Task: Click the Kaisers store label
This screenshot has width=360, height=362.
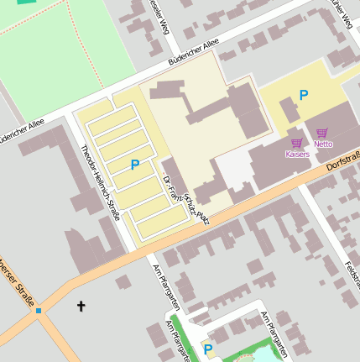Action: point(297,155)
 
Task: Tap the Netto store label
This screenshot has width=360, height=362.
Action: point(323,144)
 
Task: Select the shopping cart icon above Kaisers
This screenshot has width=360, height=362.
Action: point(296,144)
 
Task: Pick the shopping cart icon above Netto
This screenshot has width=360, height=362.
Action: point(322,133)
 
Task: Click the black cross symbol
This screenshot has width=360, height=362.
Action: point(81,307)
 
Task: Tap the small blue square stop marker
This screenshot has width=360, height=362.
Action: point(38,311)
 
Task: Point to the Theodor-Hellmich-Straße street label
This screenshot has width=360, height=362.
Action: point(101,181)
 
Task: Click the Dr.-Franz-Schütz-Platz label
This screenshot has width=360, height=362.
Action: point(185,201)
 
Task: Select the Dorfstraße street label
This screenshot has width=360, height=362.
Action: point(342,159)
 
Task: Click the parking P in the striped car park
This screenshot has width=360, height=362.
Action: point(134,165)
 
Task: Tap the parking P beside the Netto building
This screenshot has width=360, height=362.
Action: point(304,96)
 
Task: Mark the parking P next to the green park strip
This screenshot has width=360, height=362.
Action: point(208,349)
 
